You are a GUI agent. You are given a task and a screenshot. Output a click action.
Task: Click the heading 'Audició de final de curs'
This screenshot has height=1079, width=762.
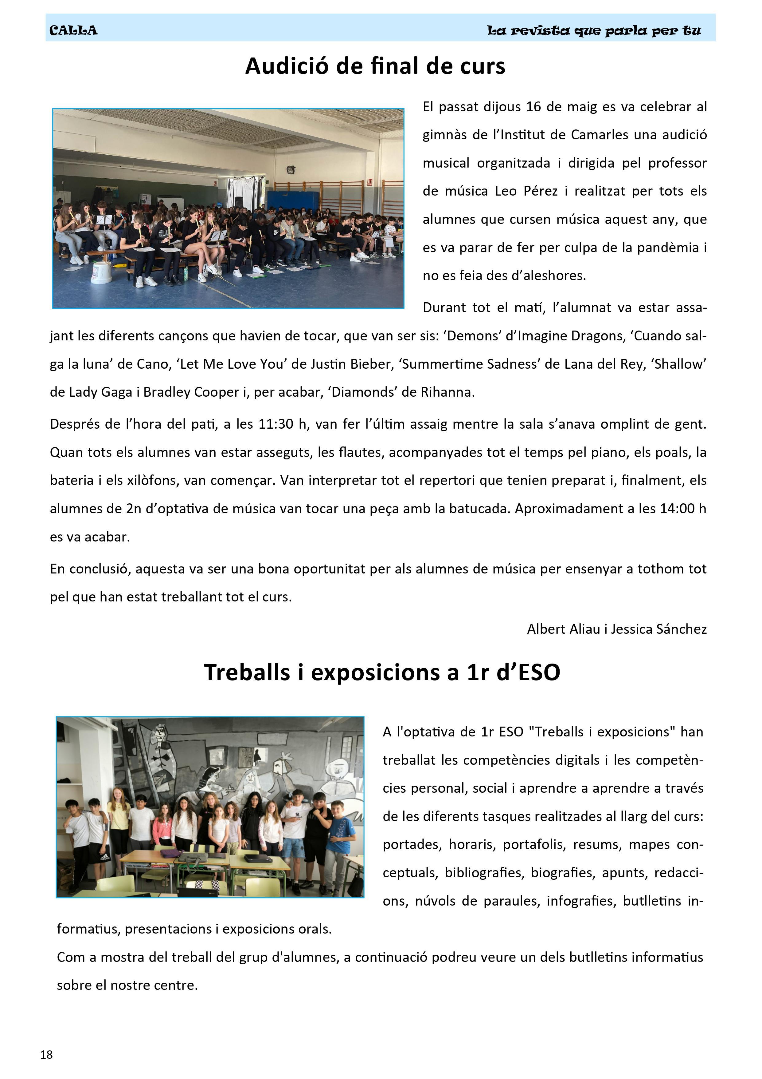[x=375, y=66]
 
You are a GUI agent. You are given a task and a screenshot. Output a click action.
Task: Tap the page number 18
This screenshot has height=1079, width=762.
[x=46, y=1055]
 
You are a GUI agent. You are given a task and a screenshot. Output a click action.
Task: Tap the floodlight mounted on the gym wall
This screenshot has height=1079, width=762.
[x=291, y=169]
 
